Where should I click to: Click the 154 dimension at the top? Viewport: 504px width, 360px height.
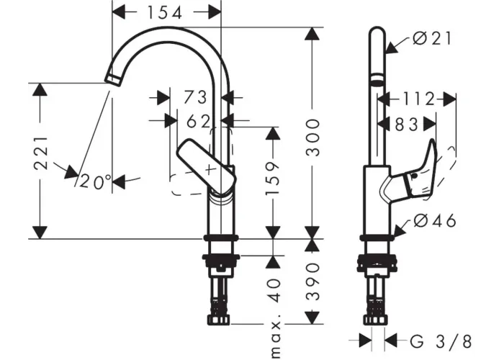(165, 13)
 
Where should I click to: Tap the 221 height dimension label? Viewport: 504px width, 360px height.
(41, 153)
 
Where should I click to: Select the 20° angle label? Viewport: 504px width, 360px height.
(96, 181)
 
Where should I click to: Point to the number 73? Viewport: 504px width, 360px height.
(195, 97)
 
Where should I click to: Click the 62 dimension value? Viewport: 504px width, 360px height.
(199, 122)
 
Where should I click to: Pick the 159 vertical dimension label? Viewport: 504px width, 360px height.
(273, 179)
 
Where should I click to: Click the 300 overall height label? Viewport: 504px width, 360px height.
(312, 138)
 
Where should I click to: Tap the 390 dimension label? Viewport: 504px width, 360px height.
(312, 282)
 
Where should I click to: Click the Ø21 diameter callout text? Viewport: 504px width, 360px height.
(432, 39)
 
